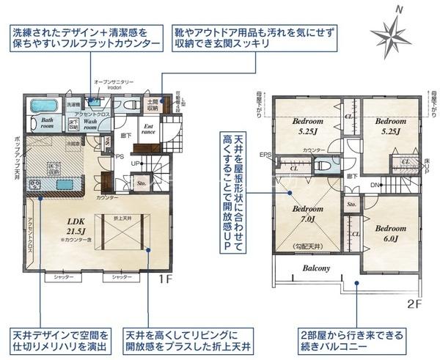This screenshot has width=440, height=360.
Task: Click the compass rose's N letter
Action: [x=399, y=10]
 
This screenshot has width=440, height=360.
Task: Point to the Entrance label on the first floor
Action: [x=147, y=130]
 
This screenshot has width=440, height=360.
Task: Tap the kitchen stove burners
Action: [x=35, y=183]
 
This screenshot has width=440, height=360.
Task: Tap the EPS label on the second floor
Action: [x=265, y=155]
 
